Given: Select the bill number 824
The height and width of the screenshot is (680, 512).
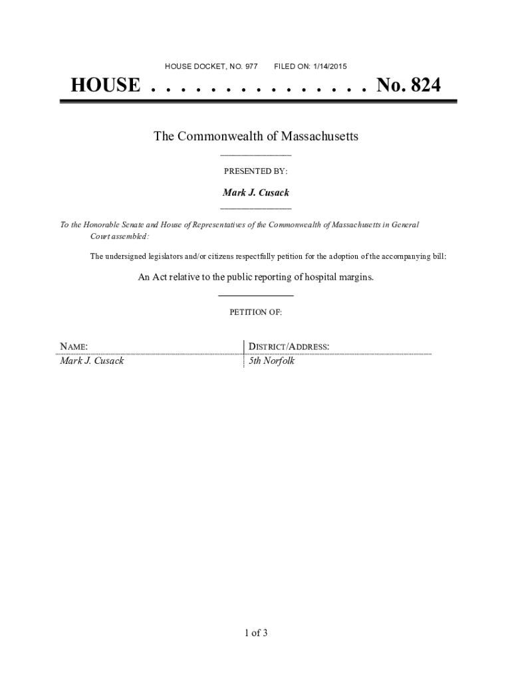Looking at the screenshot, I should (423, 86).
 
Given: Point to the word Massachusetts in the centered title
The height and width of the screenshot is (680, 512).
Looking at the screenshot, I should (319, 136).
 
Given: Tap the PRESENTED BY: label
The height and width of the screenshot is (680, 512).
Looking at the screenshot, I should (255, 171).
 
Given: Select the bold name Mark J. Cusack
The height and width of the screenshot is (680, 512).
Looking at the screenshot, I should (255, 193).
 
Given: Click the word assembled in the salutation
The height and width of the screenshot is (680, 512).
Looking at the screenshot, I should (131, 236).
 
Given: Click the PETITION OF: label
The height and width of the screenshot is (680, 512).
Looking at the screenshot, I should (255, 312).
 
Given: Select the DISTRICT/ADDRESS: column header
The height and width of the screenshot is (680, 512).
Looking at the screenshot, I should (289, 347).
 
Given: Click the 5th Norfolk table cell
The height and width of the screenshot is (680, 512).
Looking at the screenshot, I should (271, 361).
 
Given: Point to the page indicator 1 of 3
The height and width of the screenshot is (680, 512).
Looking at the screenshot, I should (255, 633).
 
